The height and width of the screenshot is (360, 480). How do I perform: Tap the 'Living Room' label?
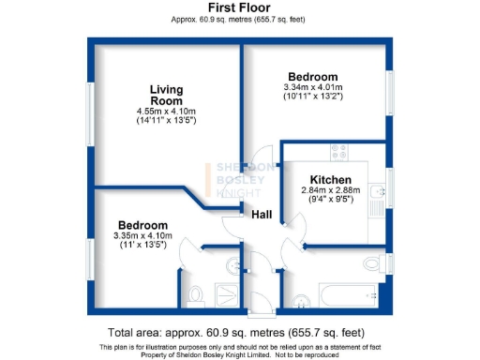167,95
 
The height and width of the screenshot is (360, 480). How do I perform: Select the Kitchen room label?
331,179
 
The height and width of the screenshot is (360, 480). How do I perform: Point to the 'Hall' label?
262,216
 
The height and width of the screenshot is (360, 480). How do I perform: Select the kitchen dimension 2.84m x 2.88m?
331,189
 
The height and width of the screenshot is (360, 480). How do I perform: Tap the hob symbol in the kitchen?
339,150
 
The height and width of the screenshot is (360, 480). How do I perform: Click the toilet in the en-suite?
195,296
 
